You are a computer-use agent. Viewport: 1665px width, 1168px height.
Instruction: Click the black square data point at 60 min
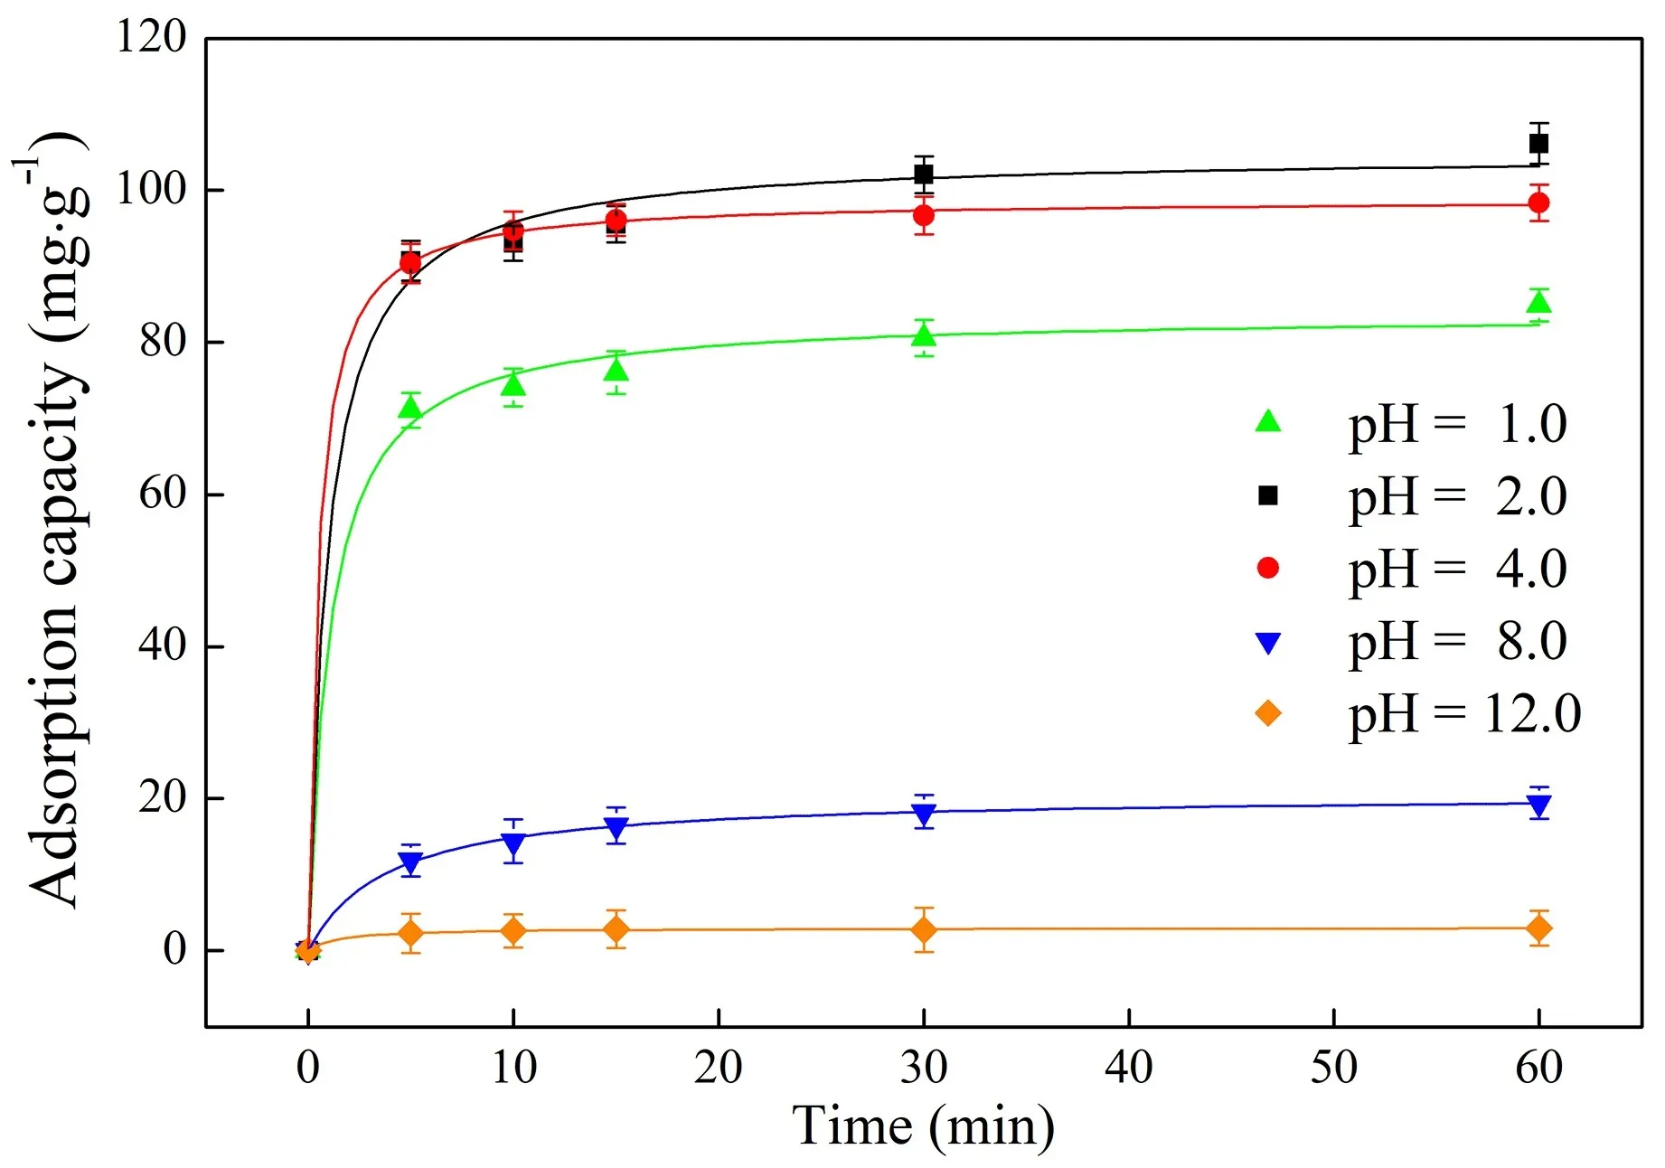coord(1538,144)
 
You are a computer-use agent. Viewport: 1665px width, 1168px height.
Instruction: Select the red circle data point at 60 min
coord(1538,203)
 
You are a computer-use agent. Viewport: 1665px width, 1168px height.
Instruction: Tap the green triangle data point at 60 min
coord(1538,302)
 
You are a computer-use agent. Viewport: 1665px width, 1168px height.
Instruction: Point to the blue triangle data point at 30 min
coord(924,814)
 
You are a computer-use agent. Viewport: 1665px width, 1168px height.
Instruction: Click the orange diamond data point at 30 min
coord(924,929)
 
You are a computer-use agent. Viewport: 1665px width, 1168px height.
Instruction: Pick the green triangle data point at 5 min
coord(410,409)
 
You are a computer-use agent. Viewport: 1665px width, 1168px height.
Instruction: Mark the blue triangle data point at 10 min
coord(513,844)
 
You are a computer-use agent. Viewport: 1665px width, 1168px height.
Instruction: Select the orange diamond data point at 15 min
coord(616,928)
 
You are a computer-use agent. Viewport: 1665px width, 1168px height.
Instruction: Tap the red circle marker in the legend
coord(1268,568)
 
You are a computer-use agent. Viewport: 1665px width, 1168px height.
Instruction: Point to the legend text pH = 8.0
coord(1457,642)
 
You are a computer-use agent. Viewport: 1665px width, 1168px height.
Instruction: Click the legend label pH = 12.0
coord(1464,714)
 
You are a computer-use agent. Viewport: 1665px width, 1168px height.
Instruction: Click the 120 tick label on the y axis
coord(151,38)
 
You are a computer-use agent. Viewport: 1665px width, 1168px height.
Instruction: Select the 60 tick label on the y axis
coord(163,495)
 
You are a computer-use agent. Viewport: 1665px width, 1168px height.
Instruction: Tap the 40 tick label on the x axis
coord(1129,1068)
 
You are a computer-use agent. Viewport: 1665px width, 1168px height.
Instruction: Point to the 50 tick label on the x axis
coord(1334,1068)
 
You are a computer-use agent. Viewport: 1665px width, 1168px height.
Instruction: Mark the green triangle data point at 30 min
coord(924,335)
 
